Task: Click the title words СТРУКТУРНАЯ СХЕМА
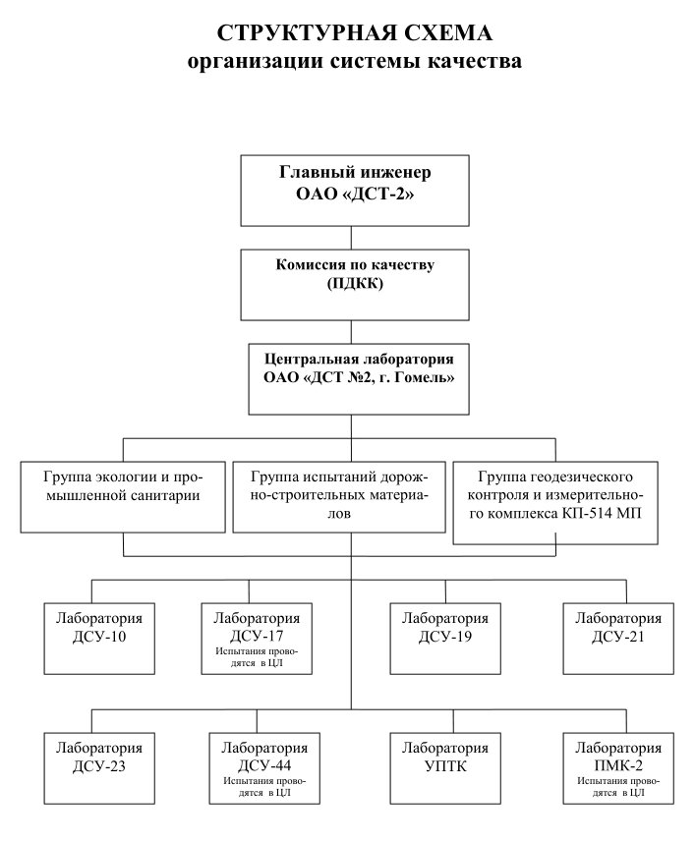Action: coord(355,33)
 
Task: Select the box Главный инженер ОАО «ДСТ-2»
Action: coord(355,191)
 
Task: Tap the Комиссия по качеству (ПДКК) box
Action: coord(355,285)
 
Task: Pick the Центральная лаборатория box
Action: coord(358,379)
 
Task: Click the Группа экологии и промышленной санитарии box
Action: coord(123,497)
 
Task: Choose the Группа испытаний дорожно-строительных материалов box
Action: coord(339,497)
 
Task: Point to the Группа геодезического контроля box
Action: coord(555,503)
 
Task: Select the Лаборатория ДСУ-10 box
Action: coord(99,639)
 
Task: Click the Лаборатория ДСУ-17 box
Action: coord(257,639)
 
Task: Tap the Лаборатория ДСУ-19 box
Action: coord(445,639)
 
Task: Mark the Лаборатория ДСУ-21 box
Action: coord(618,639)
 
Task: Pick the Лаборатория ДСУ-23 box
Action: coord(99,768)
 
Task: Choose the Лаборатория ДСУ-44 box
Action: coord(264,768)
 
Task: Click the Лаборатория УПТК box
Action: coord(445,768)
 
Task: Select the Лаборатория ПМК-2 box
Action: coord(618,768)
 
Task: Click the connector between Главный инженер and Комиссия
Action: coord(351,238)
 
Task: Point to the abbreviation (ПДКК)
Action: coord(355,283)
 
